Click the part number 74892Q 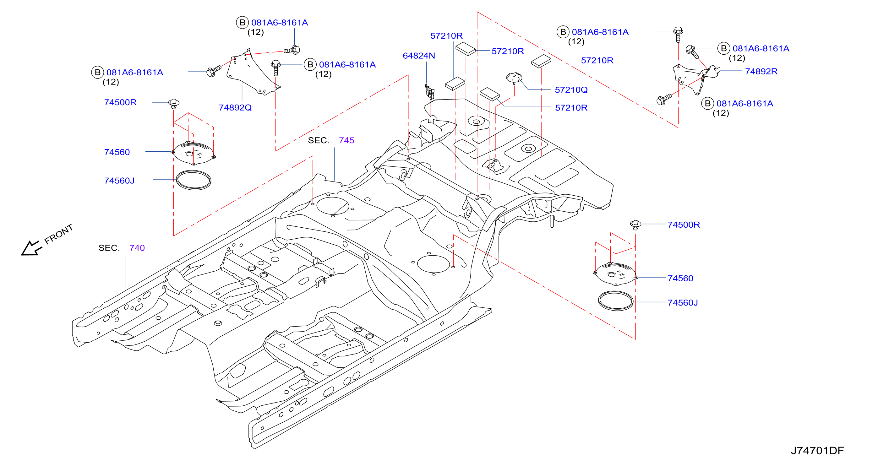(235, 108)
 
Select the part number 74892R (761, 72)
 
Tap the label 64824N (419, 56)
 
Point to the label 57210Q (571, 90)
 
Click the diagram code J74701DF (817, 451)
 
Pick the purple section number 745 (346, 140)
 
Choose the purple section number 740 (137, 248)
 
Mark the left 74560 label (117, 152)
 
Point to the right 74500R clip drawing (635, 225)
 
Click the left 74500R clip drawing (174, 103)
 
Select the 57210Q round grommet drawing (514, 78)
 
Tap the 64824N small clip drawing (429, 92)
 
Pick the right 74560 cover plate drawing (615, 274)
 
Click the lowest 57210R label (571, 108)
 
